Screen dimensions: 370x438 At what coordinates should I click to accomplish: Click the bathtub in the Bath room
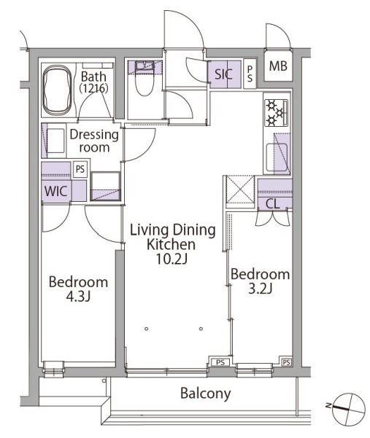coord(57,90)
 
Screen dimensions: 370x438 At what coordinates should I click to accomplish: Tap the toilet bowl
coord(144,84)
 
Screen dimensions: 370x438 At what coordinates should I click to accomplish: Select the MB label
coord(278,66)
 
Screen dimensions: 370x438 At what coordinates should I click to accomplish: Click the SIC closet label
coord(223,74)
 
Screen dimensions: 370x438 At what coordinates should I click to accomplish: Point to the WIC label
coord(56,192)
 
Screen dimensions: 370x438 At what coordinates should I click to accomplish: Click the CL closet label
coord(273,204)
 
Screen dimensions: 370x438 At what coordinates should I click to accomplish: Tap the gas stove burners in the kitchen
coord(276,113)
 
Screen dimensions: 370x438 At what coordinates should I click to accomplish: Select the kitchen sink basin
coord(277,157)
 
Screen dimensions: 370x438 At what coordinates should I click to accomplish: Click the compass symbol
coord(349,407)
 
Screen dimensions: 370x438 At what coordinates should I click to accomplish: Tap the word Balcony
coord(206,394)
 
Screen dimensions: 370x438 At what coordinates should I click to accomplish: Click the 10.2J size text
coord(171,259)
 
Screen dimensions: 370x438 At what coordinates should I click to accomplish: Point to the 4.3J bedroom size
coord(78,297)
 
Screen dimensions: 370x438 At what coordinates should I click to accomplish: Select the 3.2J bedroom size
coord(260,289)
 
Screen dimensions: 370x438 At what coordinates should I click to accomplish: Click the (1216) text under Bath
coord(93,88)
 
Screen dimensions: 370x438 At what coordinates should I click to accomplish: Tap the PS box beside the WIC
coord(80,169)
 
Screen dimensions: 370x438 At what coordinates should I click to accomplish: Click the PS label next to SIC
coord(250,74)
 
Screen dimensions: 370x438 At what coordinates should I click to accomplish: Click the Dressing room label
coord(94,141)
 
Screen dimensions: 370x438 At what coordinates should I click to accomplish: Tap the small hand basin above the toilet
coord(144,66)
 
